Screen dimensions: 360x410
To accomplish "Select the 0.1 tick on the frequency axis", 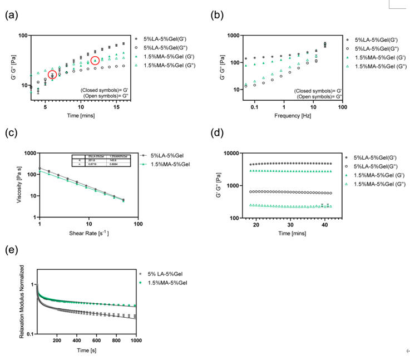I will [254, 106].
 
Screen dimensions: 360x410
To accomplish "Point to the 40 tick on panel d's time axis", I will [325, 224].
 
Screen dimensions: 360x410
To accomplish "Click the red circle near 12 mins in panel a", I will [95, 61].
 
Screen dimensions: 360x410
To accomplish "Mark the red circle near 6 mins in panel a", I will [52, 75].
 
